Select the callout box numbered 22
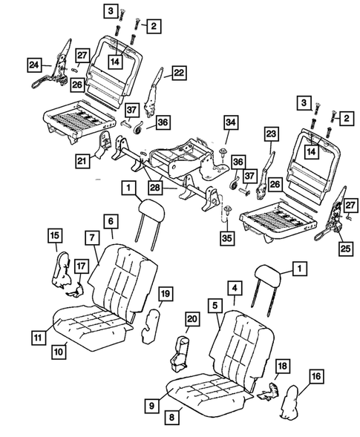180,72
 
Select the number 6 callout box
109,221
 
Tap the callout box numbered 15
55,236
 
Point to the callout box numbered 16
316,378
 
